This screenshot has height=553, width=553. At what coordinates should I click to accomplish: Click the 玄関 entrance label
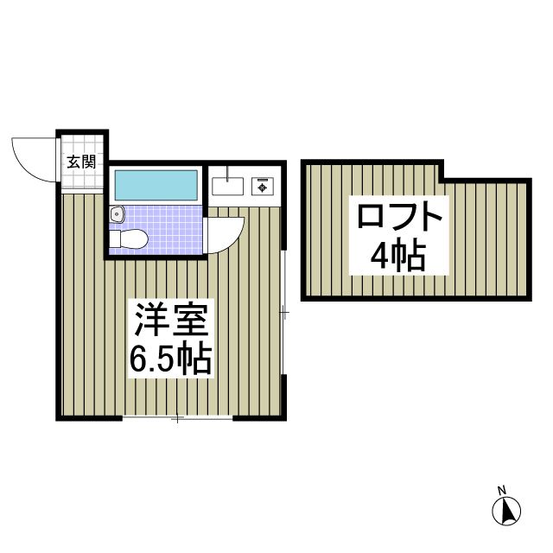click(x=82, y=160)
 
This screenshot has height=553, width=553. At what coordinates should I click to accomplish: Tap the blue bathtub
click(x=156, y=184)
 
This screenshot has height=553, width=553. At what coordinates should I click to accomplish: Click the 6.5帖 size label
click(x=170, y=359)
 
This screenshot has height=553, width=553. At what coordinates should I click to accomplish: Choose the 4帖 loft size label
click(x=398, y=256)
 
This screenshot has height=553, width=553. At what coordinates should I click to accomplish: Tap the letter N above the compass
click(x=501, y=491)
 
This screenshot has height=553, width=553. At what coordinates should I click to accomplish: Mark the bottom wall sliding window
click(x=177, y=419)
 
